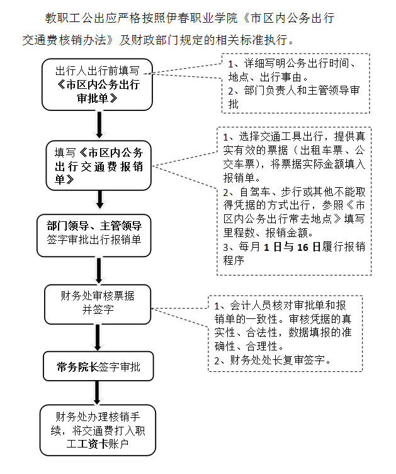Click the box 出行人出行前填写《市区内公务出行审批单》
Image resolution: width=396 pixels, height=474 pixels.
click(98, 84)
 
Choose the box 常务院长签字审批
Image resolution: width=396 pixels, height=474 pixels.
click(98, 367)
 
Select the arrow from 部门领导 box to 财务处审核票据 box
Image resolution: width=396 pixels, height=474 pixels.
click(98, 270)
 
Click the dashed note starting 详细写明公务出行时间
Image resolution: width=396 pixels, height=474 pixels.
click(295, 83)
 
